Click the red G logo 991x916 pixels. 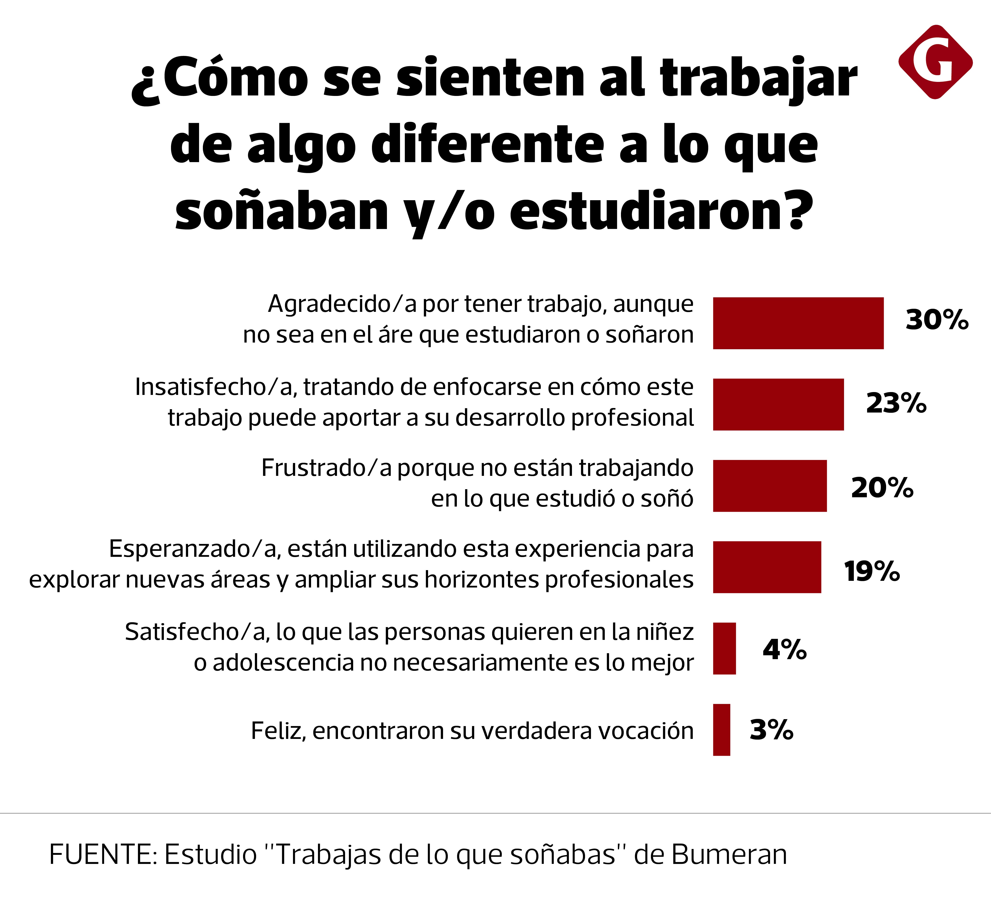tap(935, 62)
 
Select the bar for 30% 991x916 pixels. tap(798, 323)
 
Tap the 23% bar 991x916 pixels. tap(778, 404)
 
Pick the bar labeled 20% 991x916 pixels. tap(770, 486)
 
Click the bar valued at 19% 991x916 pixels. tap(767, 567)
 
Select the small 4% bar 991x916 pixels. tap(724, 648)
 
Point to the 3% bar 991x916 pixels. tap(721, 730)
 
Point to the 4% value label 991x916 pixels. tap(785, 649)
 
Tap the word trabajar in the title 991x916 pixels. tap(758, 78)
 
